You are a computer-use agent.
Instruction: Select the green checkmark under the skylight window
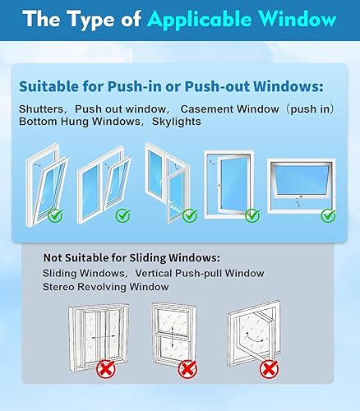(x=327, y=215)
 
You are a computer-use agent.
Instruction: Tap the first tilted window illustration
(x=48, y=182)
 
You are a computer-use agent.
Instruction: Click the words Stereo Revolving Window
(x=105, y=286)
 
